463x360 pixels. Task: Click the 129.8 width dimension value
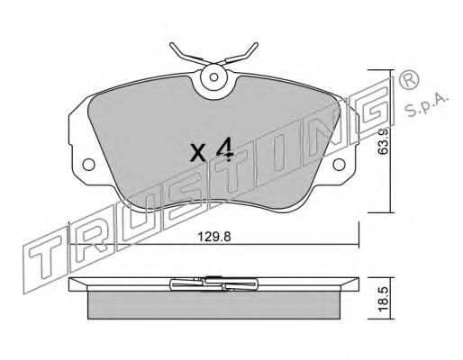tap(213, 237)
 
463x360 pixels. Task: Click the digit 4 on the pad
tap(225, 149)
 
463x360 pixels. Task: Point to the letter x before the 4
tap(198, 153)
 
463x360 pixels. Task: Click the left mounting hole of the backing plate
tap(88, 165)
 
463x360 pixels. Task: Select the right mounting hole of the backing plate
tap(339, 165)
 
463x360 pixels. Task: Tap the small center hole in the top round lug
tap(213, 77)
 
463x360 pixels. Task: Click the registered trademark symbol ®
tap(408, 79)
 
